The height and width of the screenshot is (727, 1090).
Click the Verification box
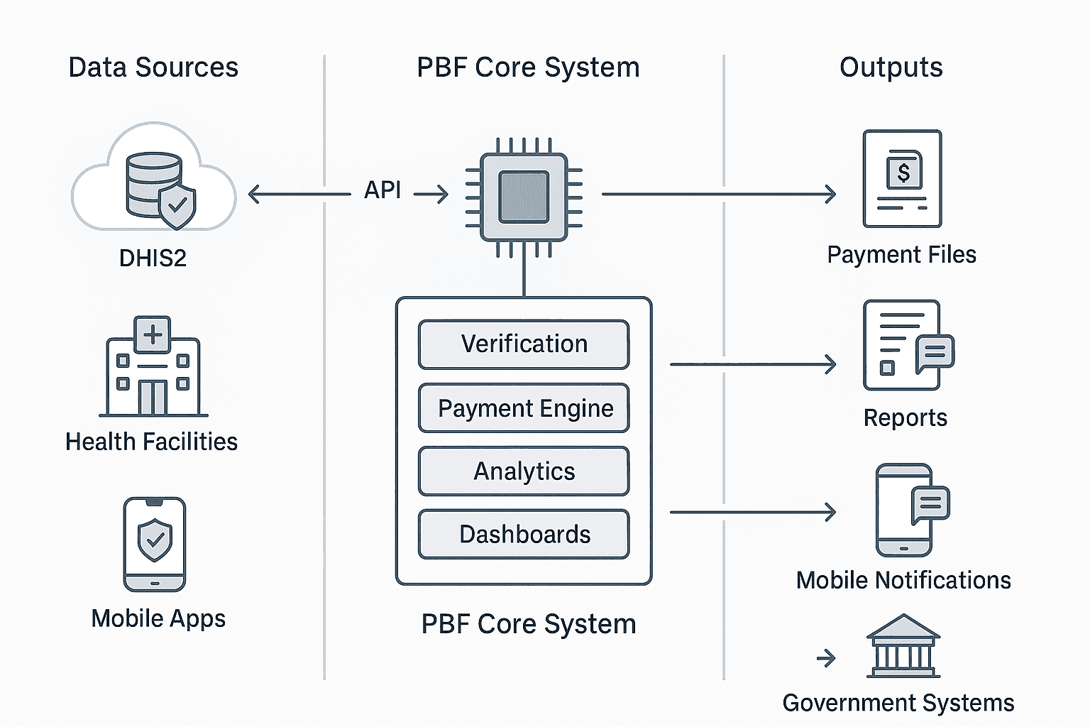524,344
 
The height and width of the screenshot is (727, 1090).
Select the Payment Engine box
524,408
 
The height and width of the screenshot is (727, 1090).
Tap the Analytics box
524,471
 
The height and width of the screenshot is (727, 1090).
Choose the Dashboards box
524,534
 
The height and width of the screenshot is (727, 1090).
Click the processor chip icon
524,197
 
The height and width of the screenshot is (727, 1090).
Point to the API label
382,190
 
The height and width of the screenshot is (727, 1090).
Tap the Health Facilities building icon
153,367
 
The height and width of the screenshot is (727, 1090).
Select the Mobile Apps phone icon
155,544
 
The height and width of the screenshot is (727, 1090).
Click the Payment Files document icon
902,179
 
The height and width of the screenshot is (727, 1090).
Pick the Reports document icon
904,346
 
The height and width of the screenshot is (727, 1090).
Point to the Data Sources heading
153,67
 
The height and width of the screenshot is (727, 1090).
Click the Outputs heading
891,67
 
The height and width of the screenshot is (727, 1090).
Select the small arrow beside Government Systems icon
826,659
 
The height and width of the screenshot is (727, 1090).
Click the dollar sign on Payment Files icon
903,172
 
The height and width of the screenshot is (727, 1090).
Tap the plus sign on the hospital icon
153,334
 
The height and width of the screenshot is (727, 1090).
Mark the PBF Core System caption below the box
529,624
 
